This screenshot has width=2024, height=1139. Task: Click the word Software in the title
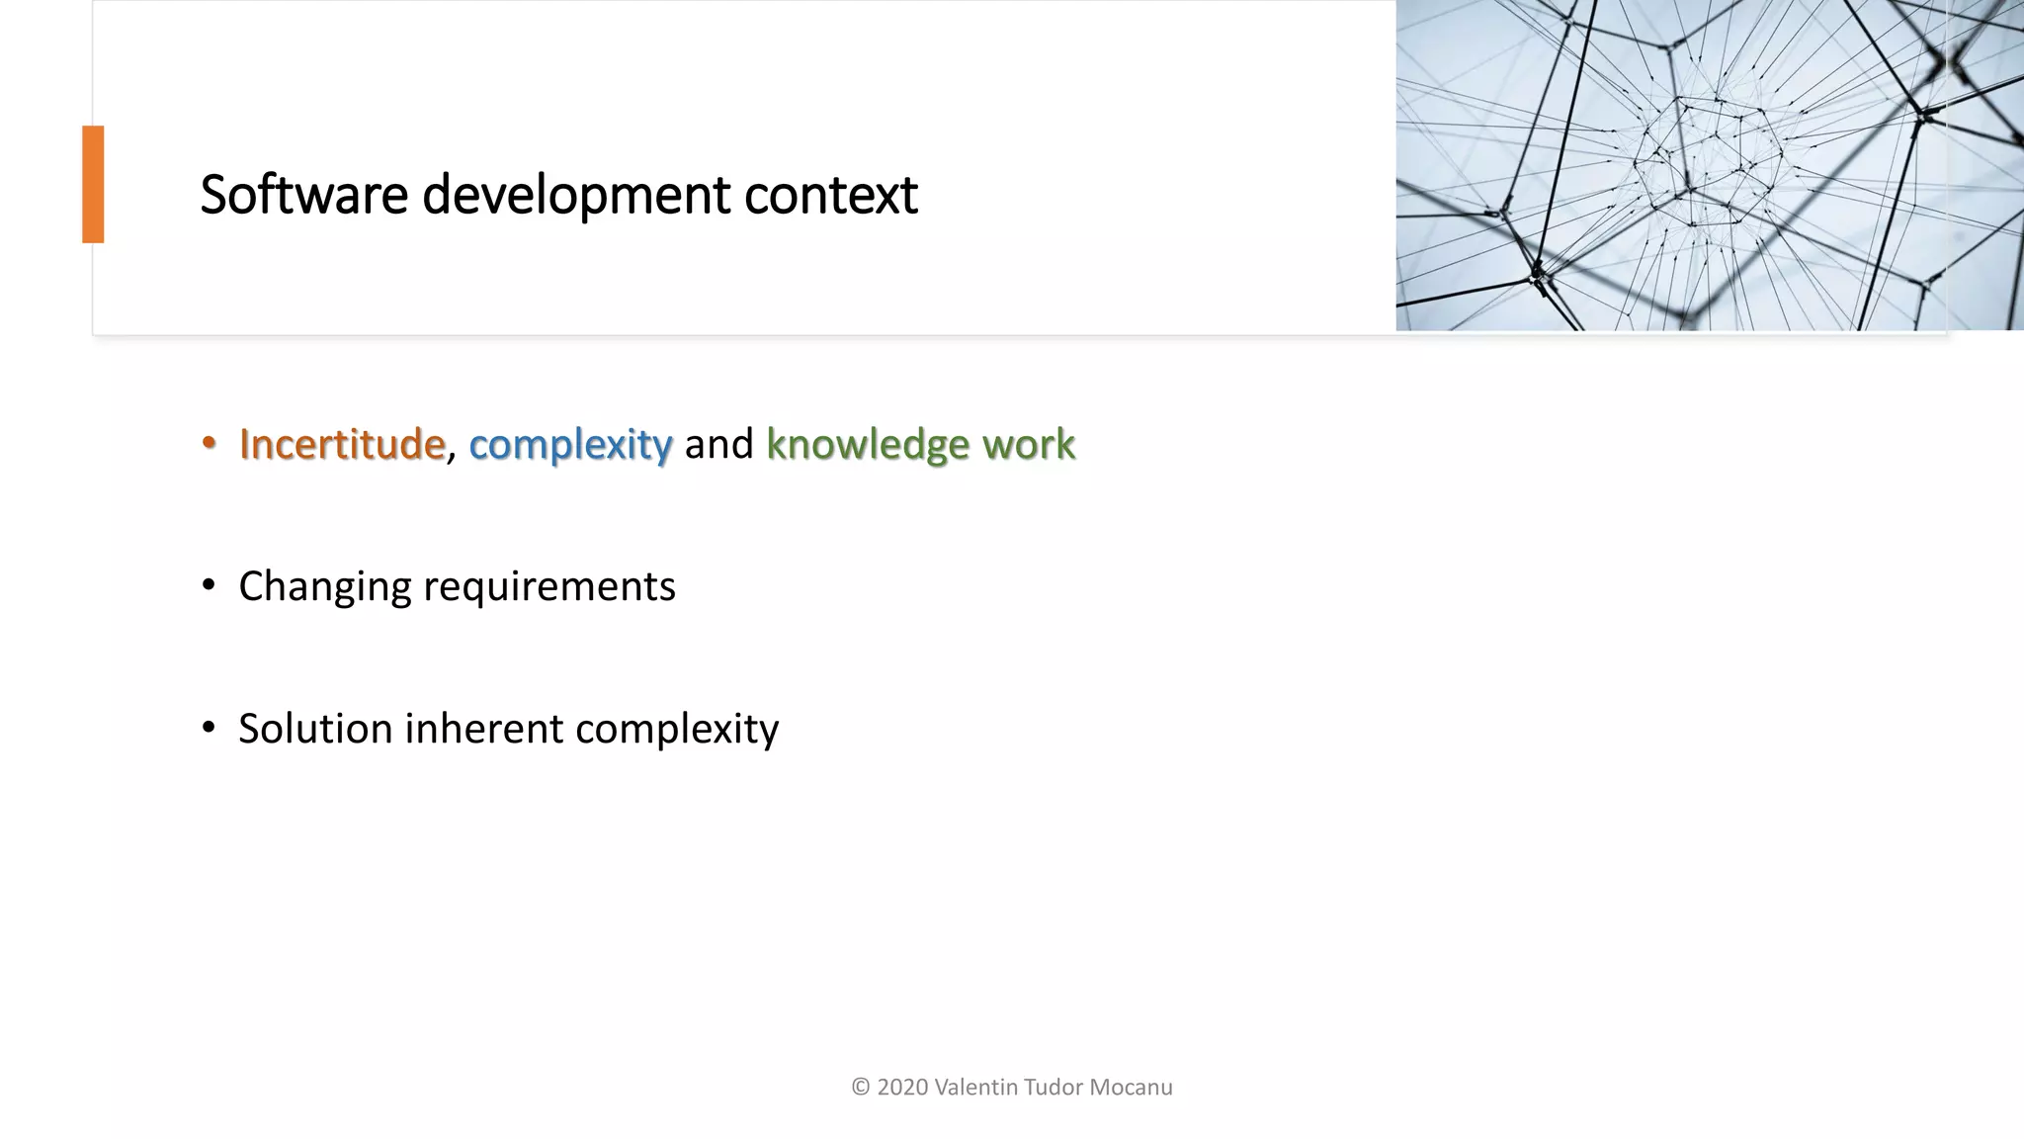pos(303,194)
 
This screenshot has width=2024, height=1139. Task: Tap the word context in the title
pos(830,195)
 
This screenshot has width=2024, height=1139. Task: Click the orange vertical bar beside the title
pos(93,184)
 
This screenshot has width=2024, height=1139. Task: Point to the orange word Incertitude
pos(342,444)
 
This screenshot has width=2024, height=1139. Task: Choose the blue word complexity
pos(570,445)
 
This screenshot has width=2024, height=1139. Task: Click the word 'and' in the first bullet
pos(718,444)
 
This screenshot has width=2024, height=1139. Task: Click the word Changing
pos(324,587)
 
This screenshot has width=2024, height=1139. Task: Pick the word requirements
pos(548,587)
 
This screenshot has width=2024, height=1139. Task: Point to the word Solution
pos(315,729)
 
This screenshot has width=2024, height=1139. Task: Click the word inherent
pos(483,729)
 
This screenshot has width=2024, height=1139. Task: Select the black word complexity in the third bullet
pos(677,730)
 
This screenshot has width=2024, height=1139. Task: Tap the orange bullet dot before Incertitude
pos(208,444)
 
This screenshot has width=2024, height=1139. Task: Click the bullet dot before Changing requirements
pos(208,586)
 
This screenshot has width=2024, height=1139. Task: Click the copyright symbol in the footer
pos(860,1088)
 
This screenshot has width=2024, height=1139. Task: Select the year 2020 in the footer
pos(902,1088)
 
